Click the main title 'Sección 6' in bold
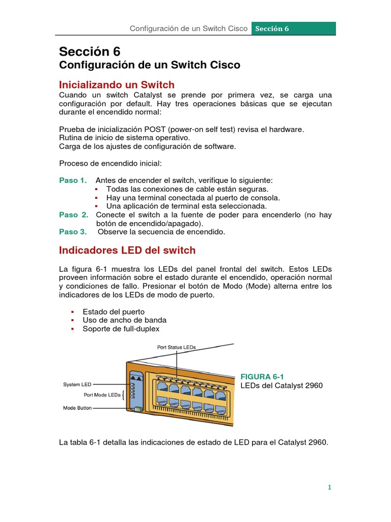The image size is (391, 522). point(90,51)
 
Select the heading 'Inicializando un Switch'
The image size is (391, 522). point(117,85)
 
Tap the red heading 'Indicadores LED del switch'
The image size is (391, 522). point(127,250)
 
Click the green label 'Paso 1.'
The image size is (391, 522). point(73,180)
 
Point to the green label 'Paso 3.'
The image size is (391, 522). point(73,232)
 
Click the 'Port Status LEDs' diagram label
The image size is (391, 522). point(177,347)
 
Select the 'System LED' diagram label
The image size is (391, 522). point(77,384)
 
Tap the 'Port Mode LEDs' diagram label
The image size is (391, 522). point(102,395)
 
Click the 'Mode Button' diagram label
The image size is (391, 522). point(77,408)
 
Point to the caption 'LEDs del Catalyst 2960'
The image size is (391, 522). point(282,385)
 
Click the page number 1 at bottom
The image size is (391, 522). point(329,487)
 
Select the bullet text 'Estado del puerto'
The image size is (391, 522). point(114,311)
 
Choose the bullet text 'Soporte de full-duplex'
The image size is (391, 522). point(121,329)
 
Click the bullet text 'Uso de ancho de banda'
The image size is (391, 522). point(124,320)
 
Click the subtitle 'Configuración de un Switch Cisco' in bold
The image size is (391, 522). point(150,65)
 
